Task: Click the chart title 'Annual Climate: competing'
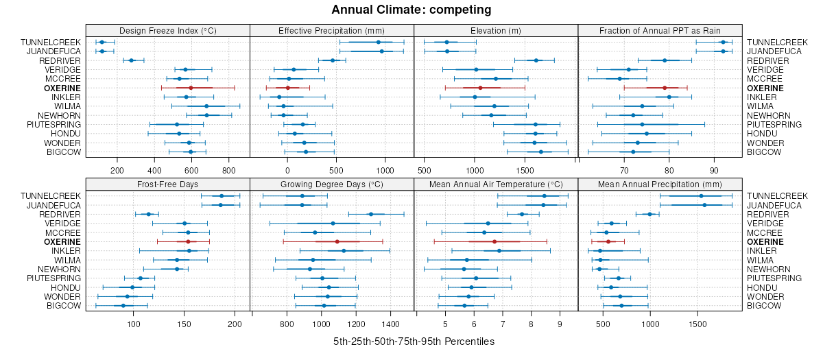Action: pos(411,10)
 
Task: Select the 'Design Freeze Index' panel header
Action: pos(167,30)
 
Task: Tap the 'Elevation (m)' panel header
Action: pos(496,30)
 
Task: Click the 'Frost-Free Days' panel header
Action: pos(167,184)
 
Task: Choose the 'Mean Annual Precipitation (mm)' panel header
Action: pos(660,184)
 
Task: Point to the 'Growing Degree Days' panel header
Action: pos(332,184)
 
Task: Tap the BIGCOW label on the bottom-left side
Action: pos(66,305)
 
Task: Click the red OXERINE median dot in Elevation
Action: pos(480,88)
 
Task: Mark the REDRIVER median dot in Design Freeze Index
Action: pos(132,60)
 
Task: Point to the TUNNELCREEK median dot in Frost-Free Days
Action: pos(221,196)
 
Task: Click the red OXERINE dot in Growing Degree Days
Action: pos(337,241)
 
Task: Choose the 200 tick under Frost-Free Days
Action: pos(235,324)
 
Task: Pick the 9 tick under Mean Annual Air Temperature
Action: pos(559,324)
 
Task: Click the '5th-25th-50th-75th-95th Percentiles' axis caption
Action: pos(414,341)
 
